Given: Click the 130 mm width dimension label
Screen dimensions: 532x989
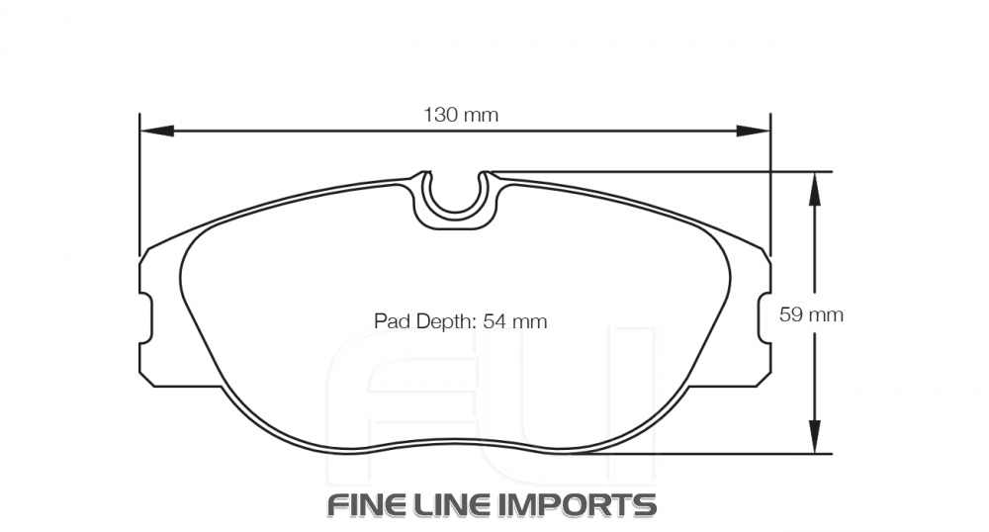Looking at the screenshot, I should coord(461,115).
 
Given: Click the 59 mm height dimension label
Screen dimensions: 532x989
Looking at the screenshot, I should coord(811,315).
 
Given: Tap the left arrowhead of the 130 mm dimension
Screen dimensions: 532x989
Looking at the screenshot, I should coord(156,131).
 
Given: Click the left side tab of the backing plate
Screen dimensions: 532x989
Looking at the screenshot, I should coord(145,318).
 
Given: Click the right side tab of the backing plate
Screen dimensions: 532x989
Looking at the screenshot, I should coord(764,318).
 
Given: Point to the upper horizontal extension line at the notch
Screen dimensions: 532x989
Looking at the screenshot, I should coord(653,171).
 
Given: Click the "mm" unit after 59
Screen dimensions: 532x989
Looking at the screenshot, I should coord(826,315).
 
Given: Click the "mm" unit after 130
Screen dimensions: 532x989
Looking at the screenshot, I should coord(481,115).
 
